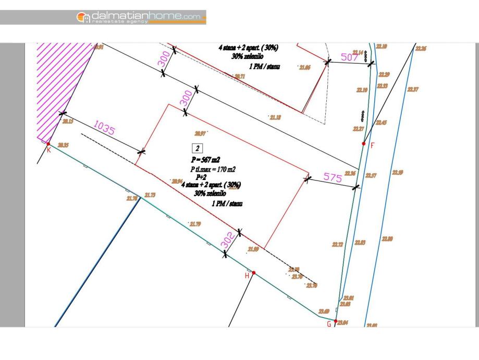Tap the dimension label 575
333,177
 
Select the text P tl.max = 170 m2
213,169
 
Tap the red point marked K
48,143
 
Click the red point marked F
364,143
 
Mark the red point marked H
254,272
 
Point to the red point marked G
336,321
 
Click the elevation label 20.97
200,133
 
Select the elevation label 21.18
275,118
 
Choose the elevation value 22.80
387,239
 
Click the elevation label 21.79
195,224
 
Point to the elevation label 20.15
68,121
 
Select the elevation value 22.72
338,244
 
